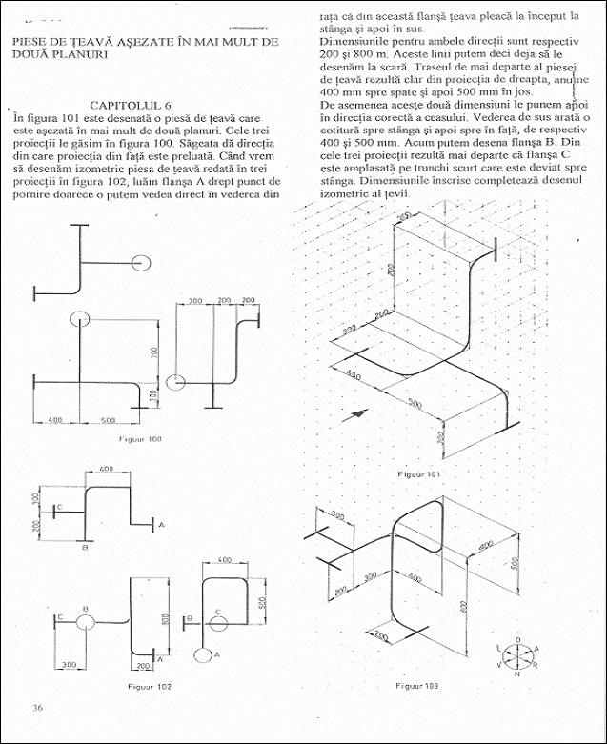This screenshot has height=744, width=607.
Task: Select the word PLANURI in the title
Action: [x=79, y=55]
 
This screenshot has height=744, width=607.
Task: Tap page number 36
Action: [x=37, y=707]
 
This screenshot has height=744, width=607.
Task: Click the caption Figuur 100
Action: [x=140, y=439]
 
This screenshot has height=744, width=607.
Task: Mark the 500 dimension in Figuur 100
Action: [x=108, y=418]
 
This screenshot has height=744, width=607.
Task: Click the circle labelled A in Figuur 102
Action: [x=202, y=654]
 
